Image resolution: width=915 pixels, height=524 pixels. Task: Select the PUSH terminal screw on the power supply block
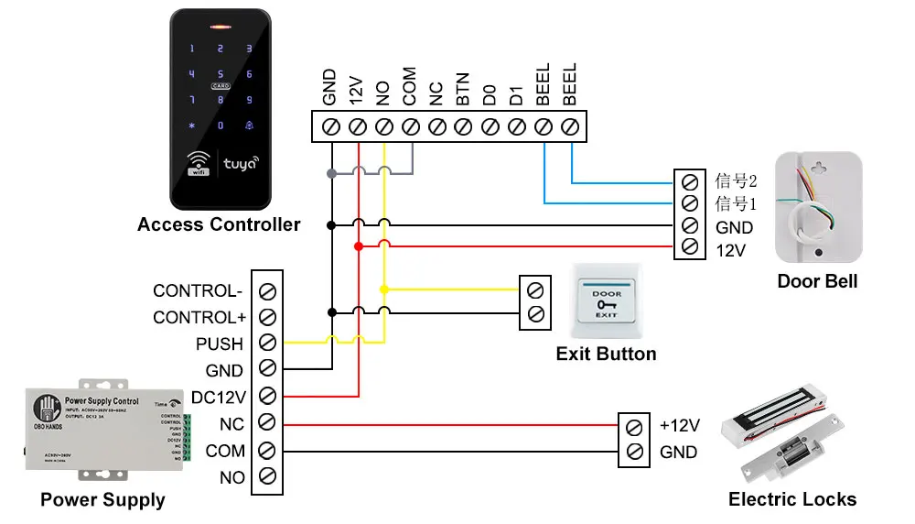[x=267, y=344]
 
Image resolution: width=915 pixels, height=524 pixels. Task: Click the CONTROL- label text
[x=198, y=291]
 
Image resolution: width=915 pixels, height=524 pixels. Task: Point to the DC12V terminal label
[x=217, y=397]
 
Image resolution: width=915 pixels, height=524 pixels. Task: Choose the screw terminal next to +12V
[x=634, y=426]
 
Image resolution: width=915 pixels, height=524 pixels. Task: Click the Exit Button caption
[x=606, y=354]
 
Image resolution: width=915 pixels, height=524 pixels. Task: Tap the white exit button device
[x=607, y=303]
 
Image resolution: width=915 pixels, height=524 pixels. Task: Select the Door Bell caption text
[x=817, y=281]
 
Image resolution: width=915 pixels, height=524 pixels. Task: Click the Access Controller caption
[x=219, y=224]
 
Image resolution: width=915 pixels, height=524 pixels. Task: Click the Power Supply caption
[x=102, y=500]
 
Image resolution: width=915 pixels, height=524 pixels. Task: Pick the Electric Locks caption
[x=792, y=499]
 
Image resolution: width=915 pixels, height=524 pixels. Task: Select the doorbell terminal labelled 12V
[x=689, y=247]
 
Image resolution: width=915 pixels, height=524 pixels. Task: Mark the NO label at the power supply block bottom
[x=232, y=477]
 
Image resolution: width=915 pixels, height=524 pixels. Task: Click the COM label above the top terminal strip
[x=410, y=85]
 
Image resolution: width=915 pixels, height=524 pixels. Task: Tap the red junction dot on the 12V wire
[x=359, y=246]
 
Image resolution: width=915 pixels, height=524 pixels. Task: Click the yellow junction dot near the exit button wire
[x=384, y=289]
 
